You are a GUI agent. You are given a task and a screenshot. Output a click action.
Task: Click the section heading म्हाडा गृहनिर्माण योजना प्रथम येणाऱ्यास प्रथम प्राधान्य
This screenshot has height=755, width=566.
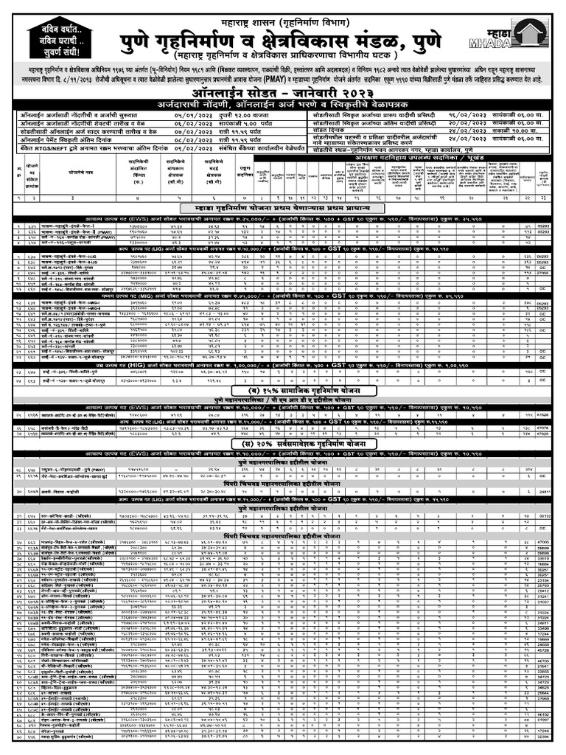point(282,209)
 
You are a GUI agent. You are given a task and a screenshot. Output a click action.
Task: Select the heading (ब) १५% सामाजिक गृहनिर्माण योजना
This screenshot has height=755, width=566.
point(282,389)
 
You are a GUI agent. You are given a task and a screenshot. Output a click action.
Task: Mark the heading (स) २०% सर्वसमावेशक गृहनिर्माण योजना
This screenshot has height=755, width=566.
point(282,445)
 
